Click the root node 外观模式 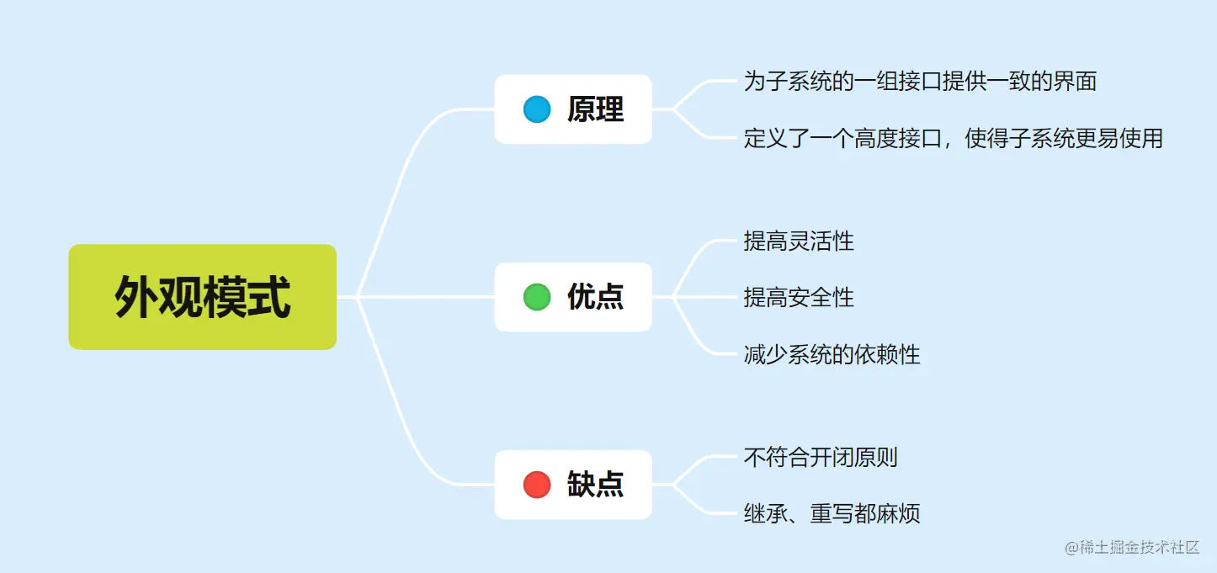202,297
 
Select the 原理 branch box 573,109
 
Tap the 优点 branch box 573,297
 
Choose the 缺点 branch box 573,485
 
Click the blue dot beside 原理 537,109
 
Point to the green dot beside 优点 537,297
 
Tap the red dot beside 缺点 537,485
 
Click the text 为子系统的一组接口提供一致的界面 920,82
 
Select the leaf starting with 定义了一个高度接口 953,138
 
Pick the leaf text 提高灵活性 799,241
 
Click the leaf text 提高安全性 799,297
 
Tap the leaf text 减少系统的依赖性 832,354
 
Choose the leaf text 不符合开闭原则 821,457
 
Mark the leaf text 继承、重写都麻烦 832,513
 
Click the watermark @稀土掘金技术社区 1132,548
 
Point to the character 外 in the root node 136,297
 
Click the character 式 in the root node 269,297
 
